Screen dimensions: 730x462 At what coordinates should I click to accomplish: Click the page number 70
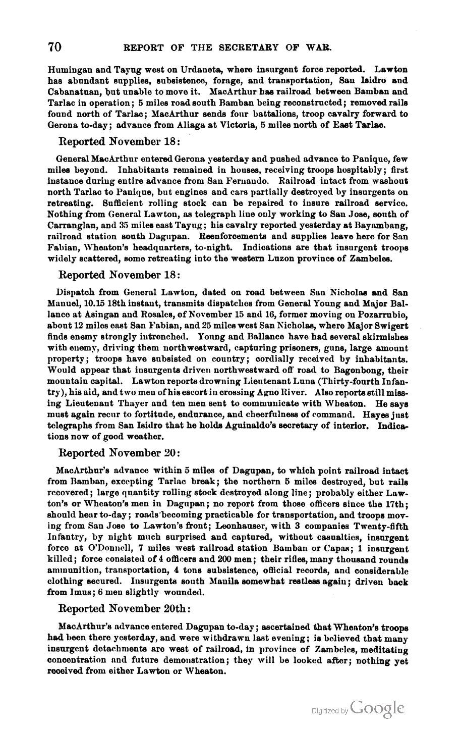click(54, 47)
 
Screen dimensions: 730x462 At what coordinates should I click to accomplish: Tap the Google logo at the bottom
click(377, 708)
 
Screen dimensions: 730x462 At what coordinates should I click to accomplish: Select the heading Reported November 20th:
click(125, 608)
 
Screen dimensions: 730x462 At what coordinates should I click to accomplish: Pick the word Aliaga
click(214, 125)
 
